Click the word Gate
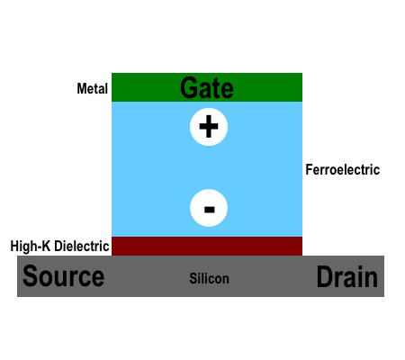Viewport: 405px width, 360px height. click(207, 87)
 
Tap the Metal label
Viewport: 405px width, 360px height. click(92, 88)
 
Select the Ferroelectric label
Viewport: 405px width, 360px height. click(343, 169)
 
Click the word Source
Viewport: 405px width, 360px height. click(64, 276)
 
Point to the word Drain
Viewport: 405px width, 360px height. click(347, 276)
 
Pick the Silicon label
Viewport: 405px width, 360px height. click(209, 278)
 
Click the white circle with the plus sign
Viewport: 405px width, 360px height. click(209, 127)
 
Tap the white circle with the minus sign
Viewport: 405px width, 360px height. click(209, 208)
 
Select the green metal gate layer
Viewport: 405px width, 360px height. click(207, 87)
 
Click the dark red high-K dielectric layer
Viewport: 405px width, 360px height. click(207, 246)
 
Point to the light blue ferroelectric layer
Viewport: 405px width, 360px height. click(207, 169)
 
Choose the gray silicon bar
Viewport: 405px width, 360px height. click(201, 276)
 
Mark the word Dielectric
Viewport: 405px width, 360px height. click(82, 246)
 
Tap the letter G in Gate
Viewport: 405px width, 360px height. click(188, 87)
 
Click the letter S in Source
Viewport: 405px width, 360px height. click(30, 276)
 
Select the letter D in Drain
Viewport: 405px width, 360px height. click(325, 276)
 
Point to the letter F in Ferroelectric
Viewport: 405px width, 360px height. click(309, 169)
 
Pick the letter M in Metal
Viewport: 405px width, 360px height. click(83, 88)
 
